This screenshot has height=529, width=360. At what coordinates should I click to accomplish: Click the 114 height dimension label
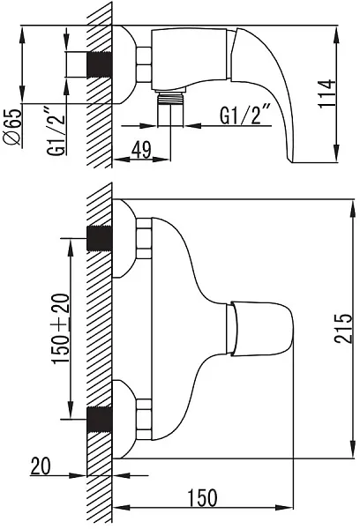click(x=327, y=93)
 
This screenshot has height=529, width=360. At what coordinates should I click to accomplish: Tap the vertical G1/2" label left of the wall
click(x=56, y=131)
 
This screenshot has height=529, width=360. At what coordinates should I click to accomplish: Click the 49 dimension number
click(x=141, y=149)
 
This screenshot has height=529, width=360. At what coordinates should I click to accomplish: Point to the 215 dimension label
click(x=343, y=328)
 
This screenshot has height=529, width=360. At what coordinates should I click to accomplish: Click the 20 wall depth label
click(x=41, y=466)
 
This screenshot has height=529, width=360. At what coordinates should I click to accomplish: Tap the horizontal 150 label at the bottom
click(x=202, y=497)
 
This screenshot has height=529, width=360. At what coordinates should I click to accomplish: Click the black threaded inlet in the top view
click(x=100, y=64)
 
